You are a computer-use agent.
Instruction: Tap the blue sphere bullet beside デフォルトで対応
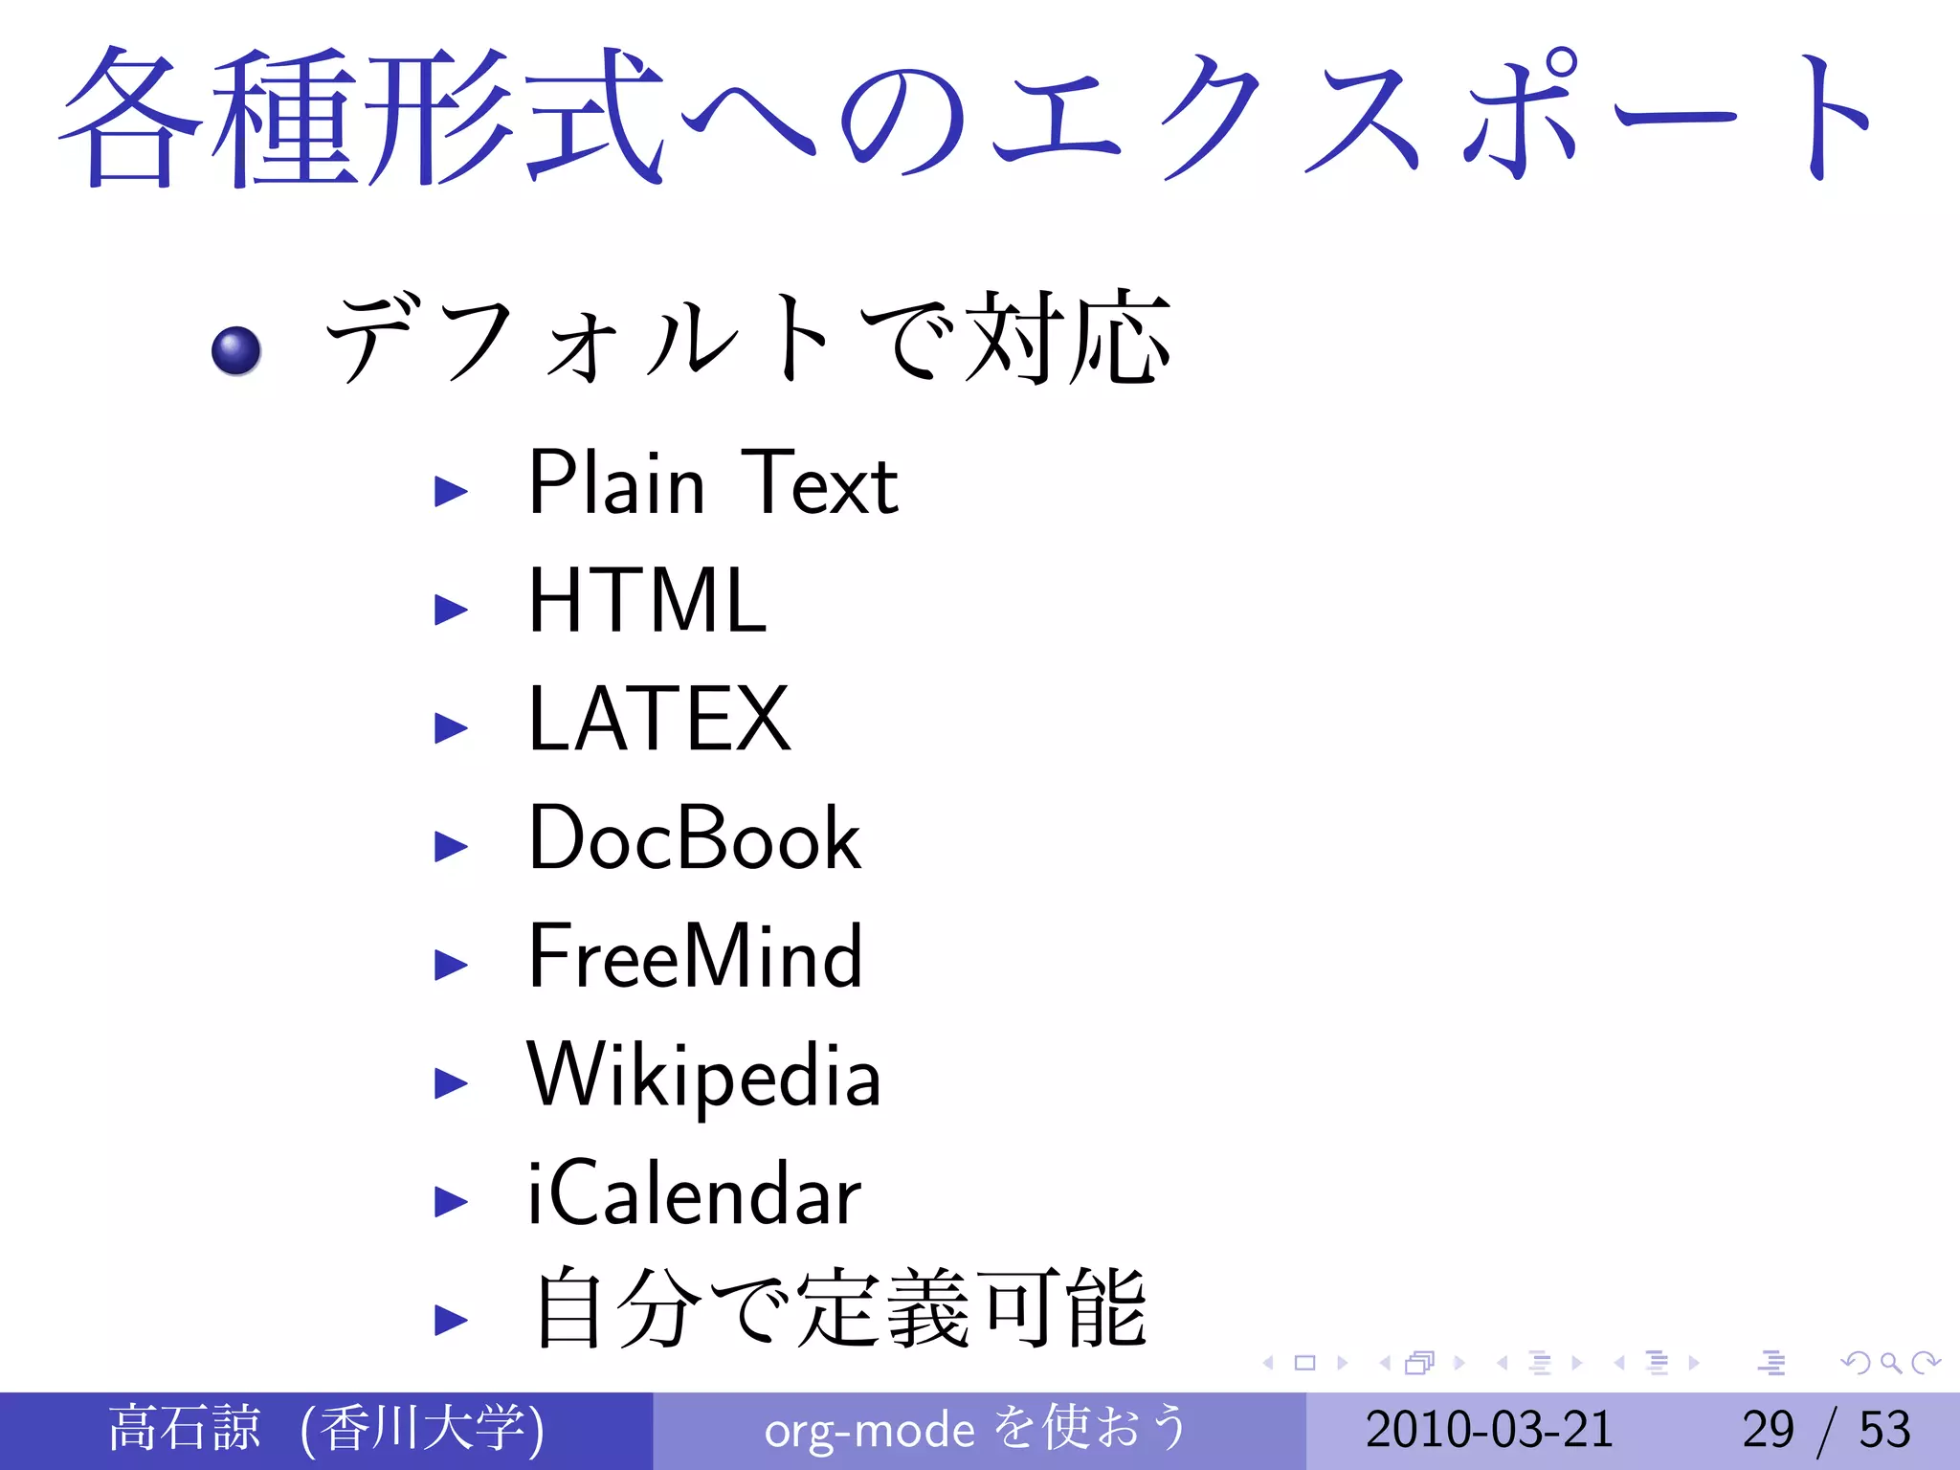(235, 350)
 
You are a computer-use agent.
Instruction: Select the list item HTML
(648, 601)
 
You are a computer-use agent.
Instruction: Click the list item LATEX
(659, 720)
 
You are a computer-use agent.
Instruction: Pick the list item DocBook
(695, 838)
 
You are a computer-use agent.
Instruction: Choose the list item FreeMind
(696, 956)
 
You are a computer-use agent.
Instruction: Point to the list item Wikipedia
(704, 1076)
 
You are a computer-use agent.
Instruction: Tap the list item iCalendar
(695, 1194)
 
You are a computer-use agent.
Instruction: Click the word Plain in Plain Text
(617, 482)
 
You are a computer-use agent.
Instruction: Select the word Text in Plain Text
(820, 483)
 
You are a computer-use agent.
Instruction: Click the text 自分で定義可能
(839, 1309)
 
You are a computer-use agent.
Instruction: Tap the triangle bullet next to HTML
(450, 609)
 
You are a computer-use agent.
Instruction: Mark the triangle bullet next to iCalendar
(450, 1201)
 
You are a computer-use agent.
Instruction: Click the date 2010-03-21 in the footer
(1489, 1430)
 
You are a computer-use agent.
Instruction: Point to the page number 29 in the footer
(1768, 1430)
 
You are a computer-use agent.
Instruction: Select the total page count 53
(1884, 1430)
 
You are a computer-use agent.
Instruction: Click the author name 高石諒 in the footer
(184, 1428)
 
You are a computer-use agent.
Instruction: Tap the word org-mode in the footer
(869, 1431)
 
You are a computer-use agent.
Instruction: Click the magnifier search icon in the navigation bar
(1890, 1362)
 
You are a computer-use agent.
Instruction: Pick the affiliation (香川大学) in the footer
(422, 1429)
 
